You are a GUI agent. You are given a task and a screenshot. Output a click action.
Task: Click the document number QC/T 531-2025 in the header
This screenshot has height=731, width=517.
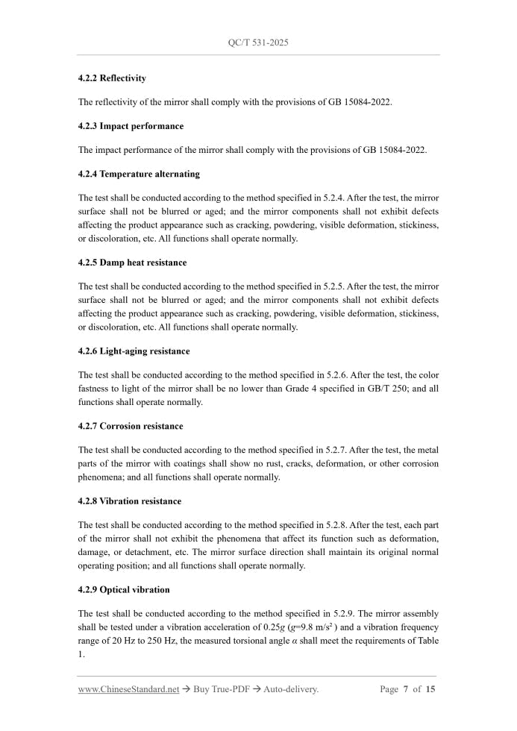tap(258, 43)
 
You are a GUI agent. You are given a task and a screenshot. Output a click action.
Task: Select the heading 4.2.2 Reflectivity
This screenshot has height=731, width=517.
tap(112, 78)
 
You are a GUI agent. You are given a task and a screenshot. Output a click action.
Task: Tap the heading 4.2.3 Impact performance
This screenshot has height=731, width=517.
tap(131, 126)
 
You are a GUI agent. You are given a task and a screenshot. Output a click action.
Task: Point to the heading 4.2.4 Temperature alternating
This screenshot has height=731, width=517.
tap(139, 174)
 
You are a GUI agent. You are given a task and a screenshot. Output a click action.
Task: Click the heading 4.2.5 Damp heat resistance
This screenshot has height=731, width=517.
tap(132, 263)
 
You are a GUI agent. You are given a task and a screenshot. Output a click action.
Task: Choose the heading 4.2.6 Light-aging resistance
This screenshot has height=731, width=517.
tap(134, 351)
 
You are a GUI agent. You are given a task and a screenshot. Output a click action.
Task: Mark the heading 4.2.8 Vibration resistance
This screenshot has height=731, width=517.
tap(129, 501)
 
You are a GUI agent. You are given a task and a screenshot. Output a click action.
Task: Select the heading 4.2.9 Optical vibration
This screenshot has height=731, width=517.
tap(124, 590)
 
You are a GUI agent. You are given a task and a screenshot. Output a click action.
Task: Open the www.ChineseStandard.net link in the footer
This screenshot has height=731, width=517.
tap(128, 689)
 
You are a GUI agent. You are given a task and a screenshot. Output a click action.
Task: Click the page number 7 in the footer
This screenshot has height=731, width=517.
tap(405, 689)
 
